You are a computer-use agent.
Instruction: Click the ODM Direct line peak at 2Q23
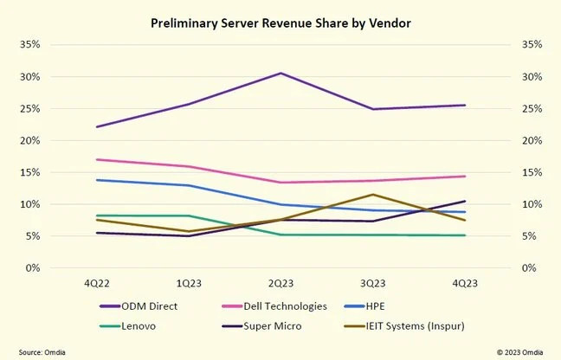(280, 74)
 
